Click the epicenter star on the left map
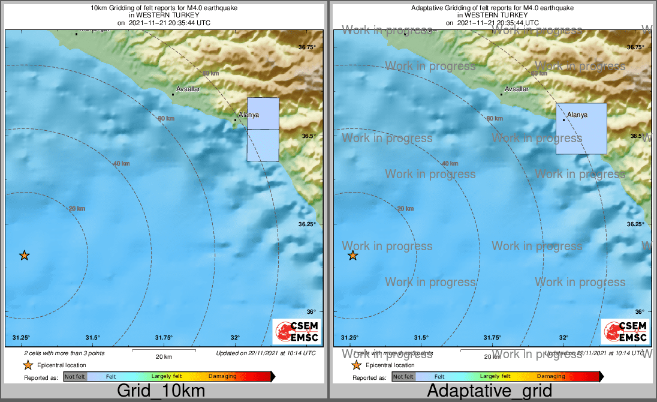pos(24,256)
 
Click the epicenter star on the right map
pos(353,256)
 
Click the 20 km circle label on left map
pos(77,209)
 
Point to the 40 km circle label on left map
pos(121,163)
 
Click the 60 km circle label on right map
pos(495,119)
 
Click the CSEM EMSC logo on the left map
pos(296,331)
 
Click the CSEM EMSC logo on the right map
pos(625,331)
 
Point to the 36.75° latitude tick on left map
pos(307,47)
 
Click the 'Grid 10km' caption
pos(161,391)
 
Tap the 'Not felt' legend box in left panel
pos(76,377)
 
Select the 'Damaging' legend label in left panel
pos(222,377)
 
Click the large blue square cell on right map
pos(581,128)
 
